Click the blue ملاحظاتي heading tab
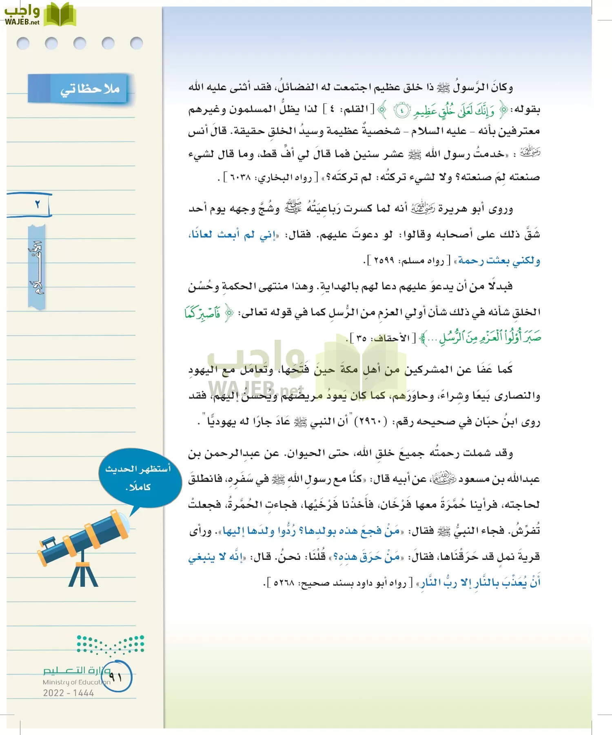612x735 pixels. click(x=81, y=88)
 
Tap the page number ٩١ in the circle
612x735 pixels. click(x=116, y=677)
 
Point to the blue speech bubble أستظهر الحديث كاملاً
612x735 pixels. click(x=139, y=478)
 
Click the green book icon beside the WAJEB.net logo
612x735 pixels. click(x=60, y=15)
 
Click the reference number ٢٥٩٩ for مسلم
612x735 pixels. click(x=384, y=261)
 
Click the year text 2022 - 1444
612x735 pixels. click(x=69, y=693)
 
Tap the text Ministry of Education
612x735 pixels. click(x=76, y=682)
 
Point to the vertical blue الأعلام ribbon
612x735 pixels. click(x=36, y=267)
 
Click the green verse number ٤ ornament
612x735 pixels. click(x=402, y=110)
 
